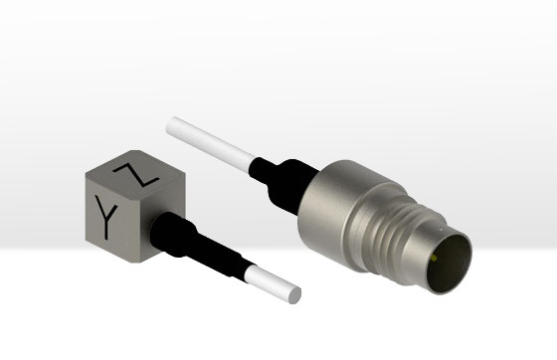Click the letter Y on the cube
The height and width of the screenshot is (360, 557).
pyautogui.click(x=105, y=217)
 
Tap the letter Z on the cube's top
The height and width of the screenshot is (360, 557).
pyautogui.click(x=136, y=174)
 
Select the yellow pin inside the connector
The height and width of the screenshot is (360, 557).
pyautogui.click(x=434, y=259)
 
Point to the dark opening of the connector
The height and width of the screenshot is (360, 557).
pyautogui.click(x=449, y=264)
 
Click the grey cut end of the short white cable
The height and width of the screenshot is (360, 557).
pyautogui.click(x=294, y=295)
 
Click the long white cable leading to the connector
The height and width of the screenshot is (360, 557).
pyautogui.click(x=210, y=143)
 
